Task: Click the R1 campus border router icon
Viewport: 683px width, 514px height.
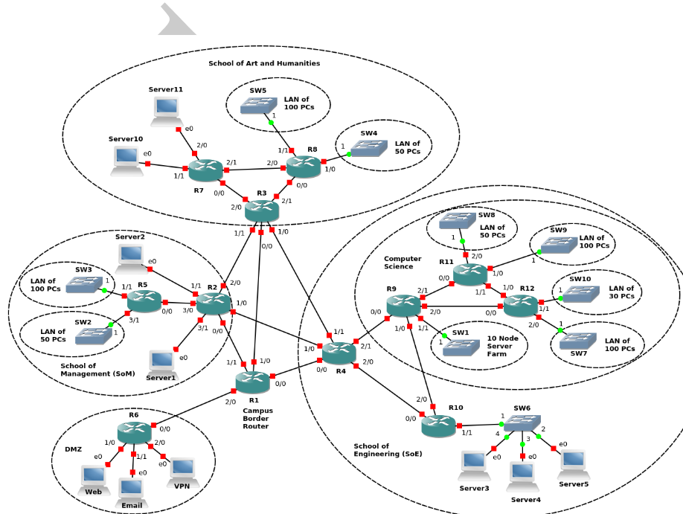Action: click(252, 382)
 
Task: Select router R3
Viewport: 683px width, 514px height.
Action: click(262, 211)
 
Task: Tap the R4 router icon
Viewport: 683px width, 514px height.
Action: click(339, 353)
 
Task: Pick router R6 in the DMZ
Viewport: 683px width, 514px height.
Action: click(134, 432)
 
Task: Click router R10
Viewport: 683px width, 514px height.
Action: click(438, 425)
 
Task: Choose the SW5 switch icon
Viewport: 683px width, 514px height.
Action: click(258, 106)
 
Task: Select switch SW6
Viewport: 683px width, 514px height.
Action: click(522, 423)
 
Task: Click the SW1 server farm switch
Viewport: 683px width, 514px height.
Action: click(461, 347)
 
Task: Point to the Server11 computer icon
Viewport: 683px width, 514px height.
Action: click(167, 109)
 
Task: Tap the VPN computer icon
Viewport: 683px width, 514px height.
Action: click(182, 469)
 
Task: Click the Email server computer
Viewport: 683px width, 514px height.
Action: click(132, 489)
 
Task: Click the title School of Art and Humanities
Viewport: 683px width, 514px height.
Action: click(264, 64)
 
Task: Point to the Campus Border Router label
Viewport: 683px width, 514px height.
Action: click(257, 418)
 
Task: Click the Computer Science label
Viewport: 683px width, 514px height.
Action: click(403, 263)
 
